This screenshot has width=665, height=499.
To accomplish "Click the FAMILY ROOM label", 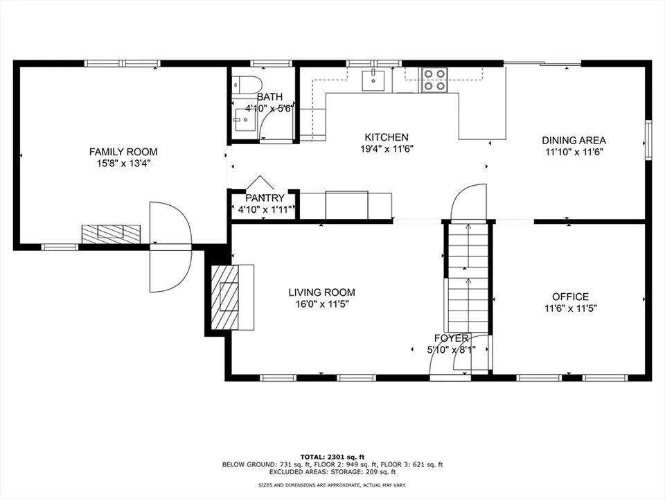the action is point(123,152).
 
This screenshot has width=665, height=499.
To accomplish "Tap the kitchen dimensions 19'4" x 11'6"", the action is point(387,149).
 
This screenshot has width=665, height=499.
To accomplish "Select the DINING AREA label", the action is point(574,140).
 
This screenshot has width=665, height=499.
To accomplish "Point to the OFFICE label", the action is point(570,297).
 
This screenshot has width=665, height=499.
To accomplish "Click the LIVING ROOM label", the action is point(322,292).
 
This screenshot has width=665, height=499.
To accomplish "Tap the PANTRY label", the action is point(265,198).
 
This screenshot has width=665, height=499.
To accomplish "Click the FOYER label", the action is point(451,338).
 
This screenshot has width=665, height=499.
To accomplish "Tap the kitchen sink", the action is point(373,80).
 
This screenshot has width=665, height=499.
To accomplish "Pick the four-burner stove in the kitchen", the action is point(434,80).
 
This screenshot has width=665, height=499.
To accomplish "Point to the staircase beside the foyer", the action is point(468,277).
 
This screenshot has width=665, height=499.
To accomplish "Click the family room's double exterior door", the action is point(170,247).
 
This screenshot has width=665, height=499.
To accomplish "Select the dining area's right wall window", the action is point(648,140).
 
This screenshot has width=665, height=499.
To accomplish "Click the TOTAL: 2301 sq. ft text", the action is point(332,457).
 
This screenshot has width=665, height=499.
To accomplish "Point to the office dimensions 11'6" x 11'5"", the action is point(570,308).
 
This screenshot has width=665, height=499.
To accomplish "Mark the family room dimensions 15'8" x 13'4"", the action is point(123,164).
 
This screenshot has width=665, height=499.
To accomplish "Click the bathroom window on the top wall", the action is point(272,64).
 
